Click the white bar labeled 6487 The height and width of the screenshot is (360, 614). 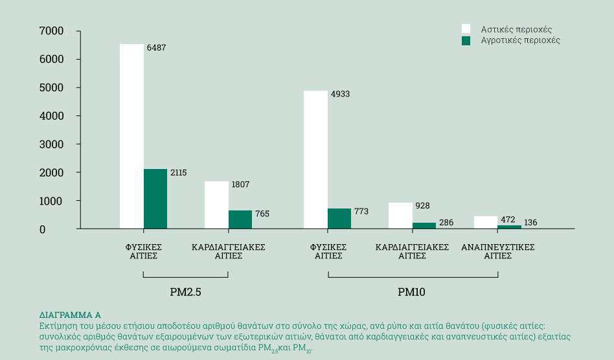tap(131, 136)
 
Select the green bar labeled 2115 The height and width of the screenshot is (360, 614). tap(155, 199)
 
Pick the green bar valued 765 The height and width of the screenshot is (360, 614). tap(240, 219)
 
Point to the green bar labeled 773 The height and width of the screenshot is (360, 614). tap(339, 219)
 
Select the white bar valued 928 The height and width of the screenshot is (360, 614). tap(400, 216)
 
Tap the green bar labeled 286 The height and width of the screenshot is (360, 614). tap(424, 225)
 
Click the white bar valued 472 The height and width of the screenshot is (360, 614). tap(486, 222)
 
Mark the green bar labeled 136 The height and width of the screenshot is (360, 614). tap(509, 227)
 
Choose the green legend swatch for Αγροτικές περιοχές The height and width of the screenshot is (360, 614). tap(466, 40)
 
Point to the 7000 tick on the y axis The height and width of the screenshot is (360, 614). tap(51, 31)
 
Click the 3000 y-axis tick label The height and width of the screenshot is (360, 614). tap(51, 144)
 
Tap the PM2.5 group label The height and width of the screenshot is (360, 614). tap(185, 292)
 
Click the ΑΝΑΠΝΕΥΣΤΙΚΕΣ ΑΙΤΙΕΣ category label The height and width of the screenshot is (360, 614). tap(497, 251)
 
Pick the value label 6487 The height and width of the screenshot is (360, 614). tap(156, 48)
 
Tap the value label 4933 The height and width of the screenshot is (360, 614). tap(340, 95)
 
